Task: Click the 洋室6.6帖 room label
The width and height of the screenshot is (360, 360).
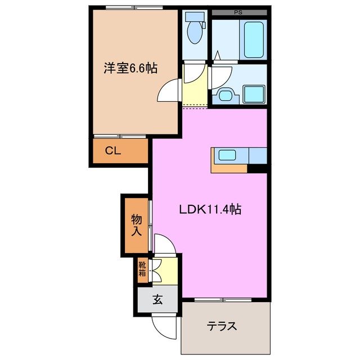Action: tap(129, 69)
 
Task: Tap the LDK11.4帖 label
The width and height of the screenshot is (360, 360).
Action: tap(210, 210)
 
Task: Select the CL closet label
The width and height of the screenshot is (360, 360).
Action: tap(113, 150)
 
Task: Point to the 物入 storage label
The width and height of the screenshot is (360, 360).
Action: tap(136, 224)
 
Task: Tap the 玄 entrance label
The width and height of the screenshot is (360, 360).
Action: tap(157, 300)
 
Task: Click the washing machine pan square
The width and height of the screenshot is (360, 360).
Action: tap(254, 93)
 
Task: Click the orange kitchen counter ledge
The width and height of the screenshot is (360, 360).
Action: tap(229, 167)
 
